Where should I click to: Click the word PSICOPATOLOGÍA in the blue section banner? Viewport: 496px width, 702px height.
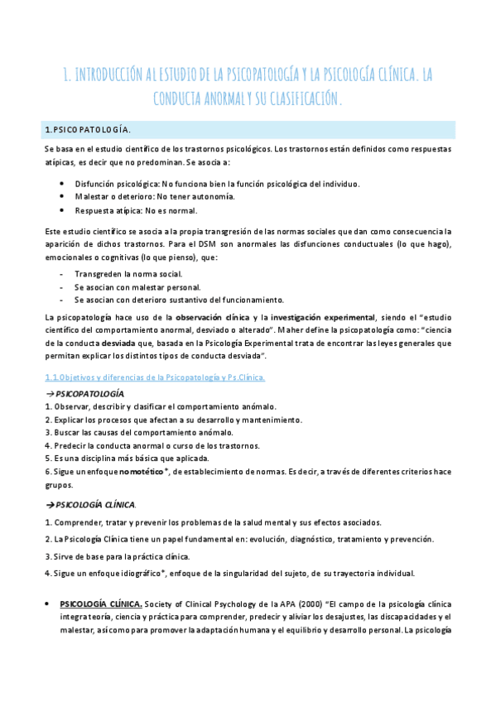pyautogui.click(x=89, y=130)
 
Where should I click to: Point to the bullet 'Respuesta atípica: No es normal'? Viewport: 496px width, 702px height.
pyautogui.click(x=143, y=209)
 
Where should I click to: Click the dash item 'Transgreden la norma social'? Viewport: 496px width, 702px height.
pyautogui.click(x=128, y=273)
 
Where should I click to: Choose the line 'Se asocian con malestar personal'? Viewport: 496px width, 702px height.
pyautogui.click(x=137, y=286)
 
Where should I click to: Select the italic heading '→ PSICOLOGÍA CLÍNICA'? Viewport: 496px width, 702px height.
pyautogui.click(x=89, y=504)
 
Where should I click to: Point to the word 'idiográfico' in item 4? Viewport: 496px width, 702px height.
pyautogui.click(x=137, y=574)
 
